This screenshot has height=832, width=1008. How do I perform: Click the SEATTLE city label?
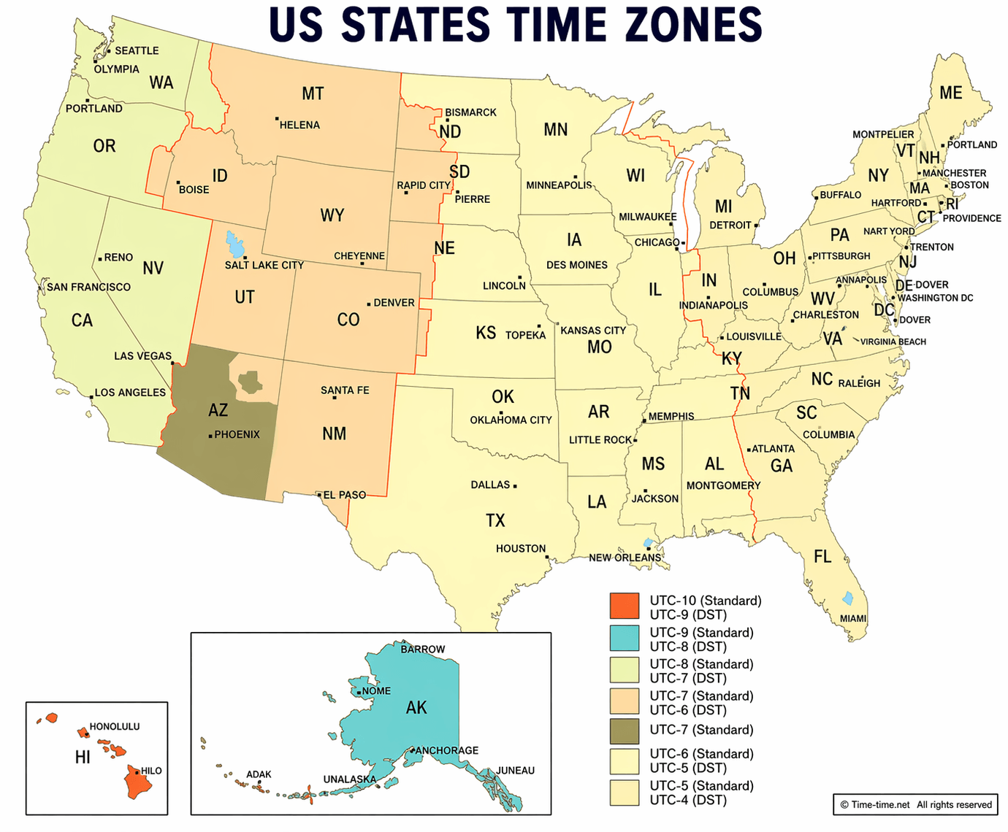[x=137, y=50]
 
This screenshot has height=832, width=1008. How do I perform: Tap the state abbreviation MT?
[x=313, y=93]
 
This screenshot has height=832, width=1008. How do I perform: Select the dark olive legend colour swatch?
[x=624, y=731]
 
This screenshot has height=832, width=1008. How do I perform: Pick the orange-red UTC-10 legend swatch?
[x=624, y=606]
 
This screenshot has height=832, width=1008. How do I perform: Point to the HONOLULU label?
[x=114, y=726]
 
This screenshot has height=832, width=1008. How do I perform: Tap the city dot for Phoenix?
[x=210, y=436]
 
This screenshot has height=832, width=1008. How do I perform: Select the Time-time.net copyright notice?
[x=915, y=804]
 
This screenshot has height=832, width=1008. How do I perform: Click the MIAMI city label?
[x=852, y=618]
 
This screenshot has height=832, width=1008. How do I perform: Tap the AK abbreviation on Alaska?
[x=416, y=707]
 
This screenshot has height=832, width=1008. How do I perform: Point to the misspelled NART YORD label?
[x=888, y=231]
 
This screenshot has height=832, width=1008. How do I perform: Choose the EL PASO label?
[x=344, y=495]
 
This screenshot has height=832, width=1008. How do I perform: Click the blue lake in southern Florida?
[x=847, y=598]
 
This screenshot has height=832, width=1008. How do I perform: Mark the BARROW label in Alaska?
[x=422, y=649]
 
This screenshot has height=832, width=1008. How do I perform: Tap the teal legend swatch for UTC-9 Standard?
[x=624, y=638]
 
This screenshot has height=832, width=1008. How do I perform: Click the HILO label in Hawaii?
[x=151, y=771]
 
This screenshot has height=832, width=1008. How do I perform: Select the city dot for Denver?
[x=369, y=304]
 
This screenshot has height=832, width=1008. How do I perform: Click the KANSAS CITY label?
[x=593, y=330]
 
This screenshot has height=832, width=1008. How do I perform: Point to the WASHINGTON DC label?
[x=935, y=298]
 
